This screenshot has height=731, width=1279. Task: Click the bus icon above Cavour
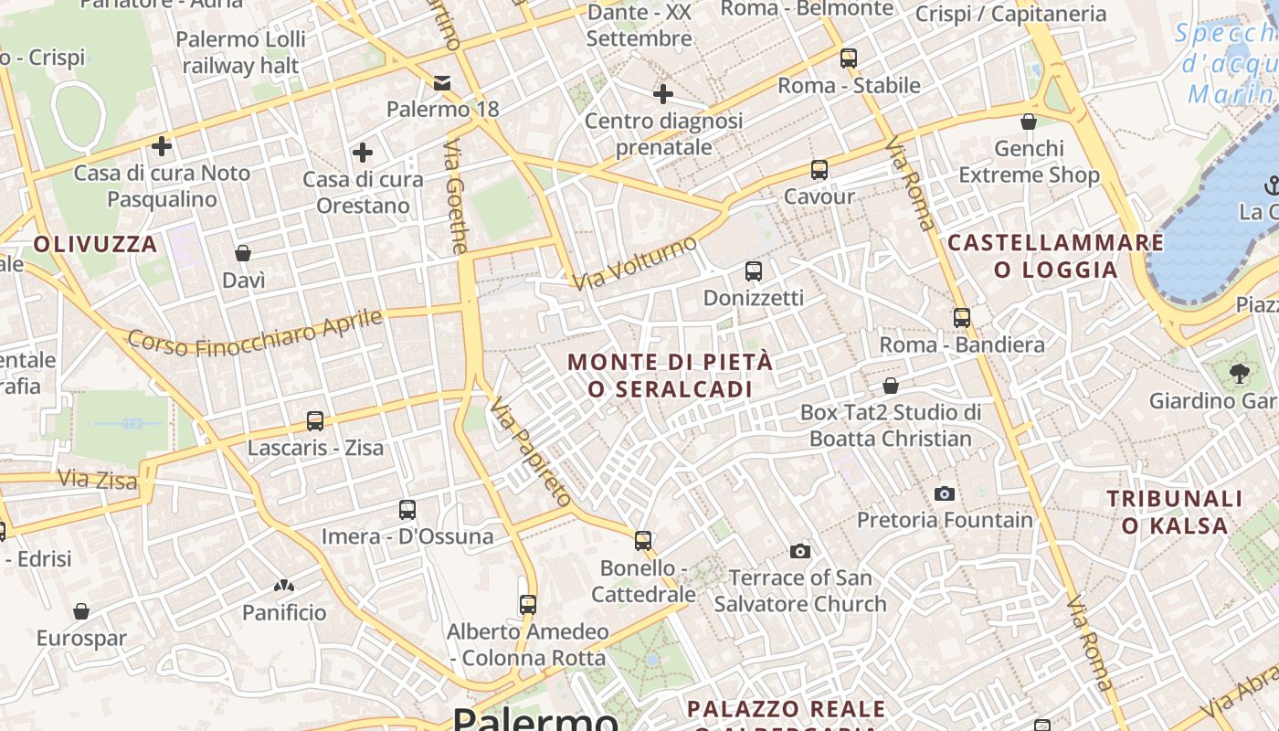[x=819, y=169]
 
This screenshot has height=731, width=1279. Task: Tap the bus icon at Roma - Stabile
[x=849, y=58]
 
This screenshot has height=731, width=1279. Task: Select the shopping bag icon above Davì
[x=243, y=252]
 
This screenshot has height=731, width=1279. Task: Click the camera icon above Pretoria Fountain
[x=945, y=493]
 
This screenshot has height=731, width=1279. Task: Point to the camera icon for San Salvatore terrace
[x=800, y=551]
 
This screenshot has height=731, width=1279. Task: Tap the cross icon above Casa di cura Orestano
[x=363, y=152]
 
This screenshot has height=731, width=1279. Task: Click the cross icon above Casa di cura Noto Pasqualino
[x=162, y=145]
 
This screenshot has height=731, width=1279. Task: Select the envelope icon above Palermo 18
[x=442, y=83]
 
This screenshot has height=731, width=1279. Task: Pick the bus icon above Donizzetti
[x=754, y=270]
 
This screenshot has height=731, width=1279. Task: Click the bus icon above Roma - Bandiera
[x=962, y=318]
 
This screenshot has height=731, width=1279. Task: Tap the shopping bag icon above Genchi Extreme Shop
[x=1029, y=122]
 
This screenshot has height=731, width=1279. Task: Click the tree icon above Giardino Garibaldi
[x=1240, y=373]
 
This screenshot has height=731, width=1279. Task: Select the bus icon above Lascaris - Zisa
[x=315, y=421]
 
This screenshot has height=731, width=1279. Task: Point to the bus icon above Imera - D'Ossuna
[x=407, y=510]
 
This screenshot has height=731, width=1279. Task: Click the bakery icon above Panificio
[x=284, y=585]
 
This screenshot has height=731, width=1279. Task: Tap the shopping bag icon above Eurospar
[x=81, y=610]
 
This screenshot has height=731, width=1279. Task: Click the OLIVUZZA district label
[x=96, y=244]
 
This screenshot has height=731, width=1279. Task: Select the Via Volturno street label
[x=636, y=261]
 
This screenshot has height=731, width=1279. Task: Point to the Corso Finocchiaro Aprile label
[x=255, y=332]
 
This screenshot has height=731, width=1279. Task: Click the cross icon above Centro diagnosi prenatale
[x=663, y=93]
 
